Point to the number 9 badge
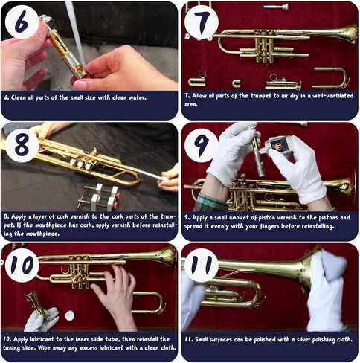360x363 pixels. pyautogui.click(x=202, y=144)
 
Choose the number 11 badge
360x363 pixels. pyautogui.click(x=202, y=266)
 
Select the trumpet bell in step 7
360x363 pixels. pyautogui.click(x=344, y=33)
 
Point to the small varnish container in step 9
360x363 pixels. pyautogui.click(x=278, y=145)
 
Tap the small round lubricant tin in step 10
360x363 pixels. pyautogui.click(x=69, y=315)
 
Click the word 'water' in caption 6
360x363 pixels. pyautogui.click(x=136, y=97)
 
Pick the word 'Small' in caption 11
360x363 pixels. pyautogui.click(x=209, y=339)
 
